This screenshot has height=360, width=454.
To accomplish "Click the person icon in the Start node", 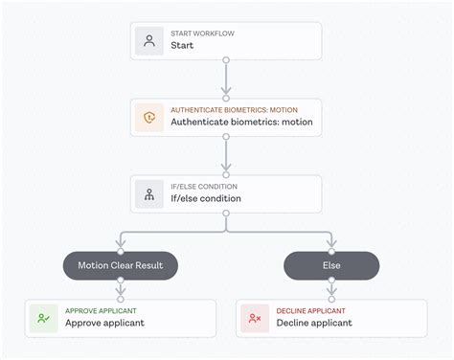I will click(149, 40).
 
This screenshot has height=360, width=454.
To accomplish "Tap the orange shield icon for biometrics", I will click(149, 117).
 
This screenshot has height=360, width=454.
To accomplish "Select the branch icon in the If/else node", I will click(149, 193).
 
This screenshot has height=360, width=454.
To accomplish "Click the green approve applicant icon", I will click(44, 318).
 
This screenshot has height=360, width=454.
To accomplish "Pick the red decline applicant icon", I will click(255, 318).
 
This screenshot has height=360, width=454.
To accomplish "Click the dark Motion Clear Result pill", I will click(121, 265).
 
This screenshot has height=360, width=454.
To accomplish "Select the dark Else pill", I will click(331, 265).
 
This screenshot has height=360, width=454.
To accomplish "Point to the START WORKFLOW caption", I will click(202, 34).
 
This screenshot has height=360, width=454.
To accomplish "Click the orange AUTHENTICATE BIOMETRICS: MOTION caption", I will click(235, 110).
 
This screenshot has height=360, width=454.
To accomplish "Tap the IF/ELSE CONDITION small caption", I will click(204, 187).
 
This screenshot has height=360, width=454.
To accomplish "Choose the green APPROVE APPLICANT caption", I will click(101, 311).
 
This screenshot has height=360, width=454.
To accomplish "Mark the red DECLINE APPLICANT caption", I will click(309, 311).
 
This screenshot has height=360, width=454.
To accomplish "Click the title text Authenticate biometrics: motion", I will click(241, 123).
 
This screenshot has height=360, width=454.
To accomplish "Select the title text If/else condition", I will click(206, 199).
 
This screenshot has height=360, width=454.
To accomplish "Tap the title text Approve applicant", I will click(104, 324).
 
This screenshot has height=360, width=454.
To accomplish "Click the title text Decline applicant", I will click(314, 324).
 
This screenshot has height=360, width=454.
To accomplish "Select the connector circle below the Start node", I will click(226, 60).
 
